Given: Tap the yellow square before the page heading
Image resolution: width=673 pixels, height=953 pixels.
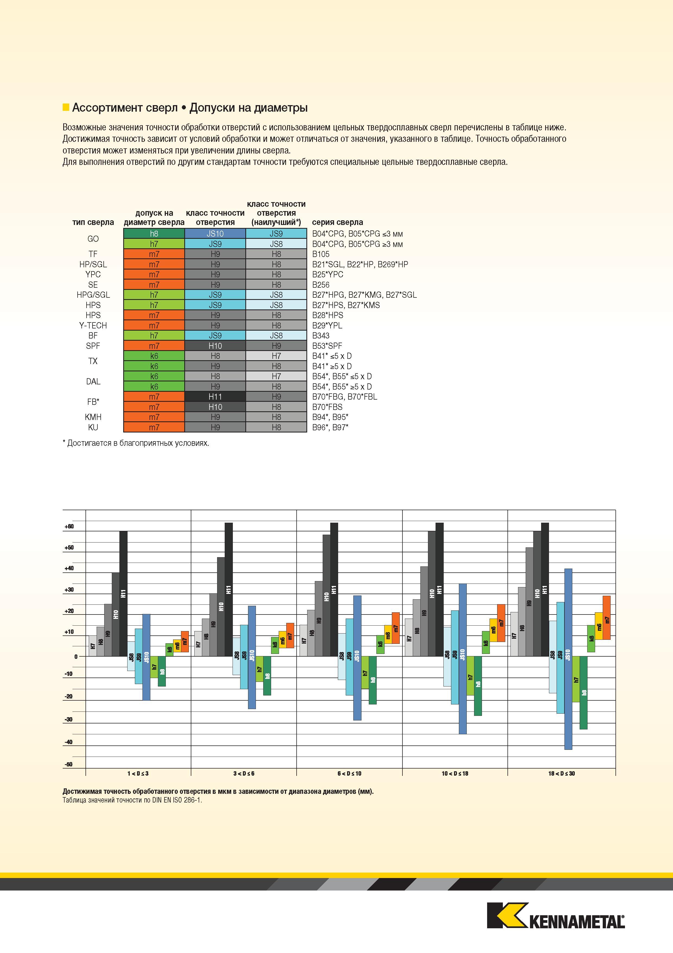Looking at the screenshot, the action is [x=65, y=108].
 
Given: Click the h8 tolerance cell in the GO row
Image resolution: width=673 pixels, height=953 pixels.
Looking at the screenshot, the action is [x=154, y=234].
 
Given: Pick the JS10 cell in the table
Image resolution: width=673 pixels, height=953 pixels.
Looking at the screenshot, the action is [x=215, y=234].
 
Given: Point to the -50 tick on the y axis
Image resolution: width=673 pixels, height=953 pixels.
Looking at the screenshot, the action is [x=68, y=764].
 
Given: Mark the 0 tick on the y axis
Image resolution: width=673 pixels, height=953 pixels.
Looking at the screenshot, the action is [x=76, y=657].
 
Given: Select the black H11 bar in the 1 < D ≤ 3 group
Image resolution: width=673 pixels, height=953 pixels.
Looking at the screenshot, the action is [x=123, y=594].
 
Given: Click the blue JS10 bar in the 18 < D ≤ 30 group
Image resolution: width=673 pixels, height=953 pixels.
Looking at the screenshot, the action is [x=568, y=659].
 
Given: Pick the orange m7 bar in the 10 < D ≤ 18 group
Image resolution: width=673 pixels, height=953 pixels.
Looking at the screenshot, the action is [x=501, y=623].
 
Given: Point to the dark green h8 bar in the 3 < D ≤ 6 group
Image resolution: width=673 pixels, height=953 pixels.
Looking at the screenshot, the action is [x=267, y=676].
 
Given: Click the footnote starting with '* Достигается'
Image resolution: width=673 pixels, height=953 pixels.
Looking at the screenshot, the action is [x=136, y=443].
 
